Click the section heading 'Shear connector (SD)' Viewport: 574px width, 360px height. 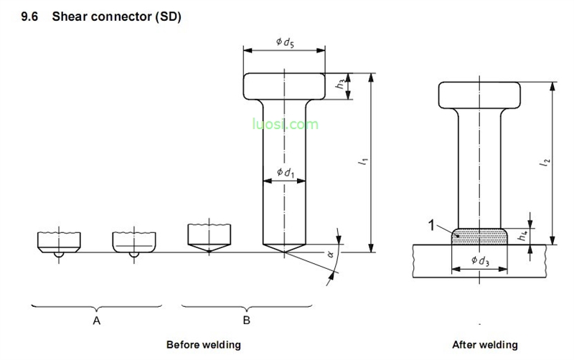pos(116,16)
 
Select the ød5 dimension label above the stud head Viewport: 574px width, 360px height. pos(285,43)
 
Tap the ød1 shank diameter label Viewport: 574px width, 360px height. pos(285,172)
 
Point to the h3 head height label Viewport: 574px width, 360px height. pos(340,83)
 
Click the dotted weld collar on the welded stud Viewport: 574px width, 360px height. pos(479,235)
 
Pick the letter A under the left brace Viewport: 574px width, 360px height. pos(96,321)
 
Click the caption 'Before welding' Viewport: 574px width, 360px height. pos(203,344)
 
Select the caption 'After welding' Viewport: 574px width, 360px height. pos(484,344)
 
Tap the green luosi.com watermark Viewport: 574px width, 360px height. pos(284,124)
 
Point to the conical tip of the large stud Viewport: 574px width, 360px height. pos(285,246)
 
